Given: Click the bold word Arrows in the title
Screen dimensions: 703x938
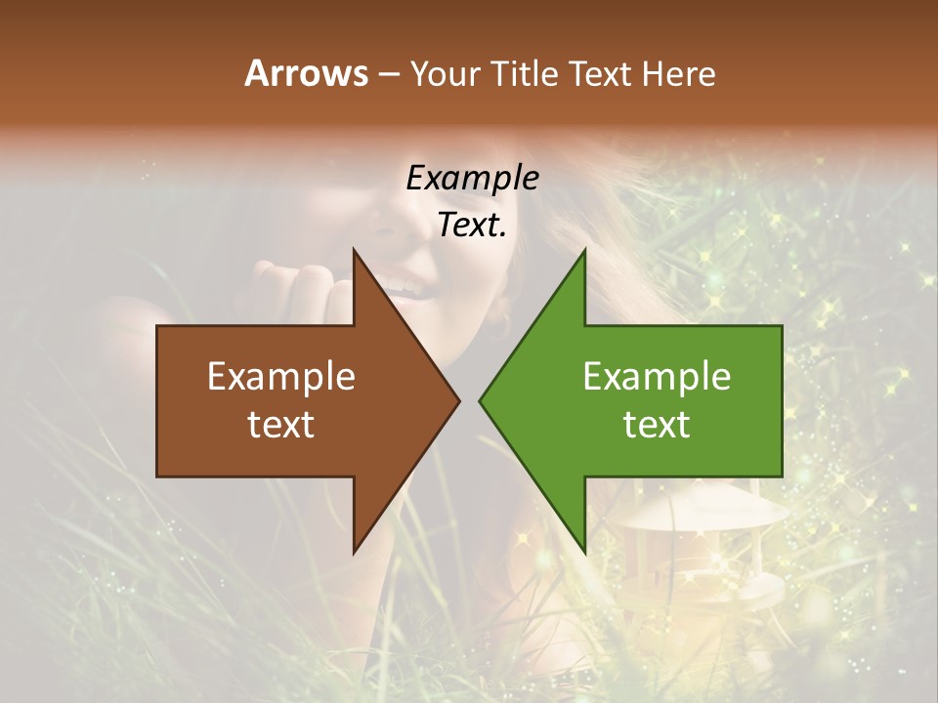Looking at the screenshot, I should click(306, 73).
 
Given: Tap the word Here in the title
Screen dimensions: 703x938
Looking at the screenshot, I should click(678, 73).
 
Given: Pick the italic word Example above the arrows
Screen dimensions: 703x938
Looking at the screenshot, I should click(472, 180).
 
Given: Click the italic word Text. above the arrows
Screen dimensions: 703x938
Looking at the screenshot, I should click(472, 226).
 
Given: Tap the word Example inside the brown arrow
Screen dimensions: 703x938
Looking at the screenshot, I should click(281, 377).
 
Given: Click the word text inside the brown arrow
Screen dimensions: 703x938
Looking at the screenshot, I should click(281, 424).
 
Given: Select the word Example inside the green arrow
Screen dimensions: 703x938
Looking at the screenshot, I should click(657, 377).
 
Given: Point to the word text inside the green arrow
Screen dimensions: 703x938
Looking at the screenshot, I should click(657, 424).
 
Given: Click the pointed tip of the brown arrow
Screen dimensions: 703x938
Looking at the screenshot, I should click(459, 401).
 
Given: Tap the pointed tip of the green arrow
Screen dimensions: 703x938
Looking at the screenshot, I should click(480, 401).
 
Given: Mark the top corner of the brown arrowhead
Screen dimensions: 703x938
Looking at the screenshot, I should click(354, 250).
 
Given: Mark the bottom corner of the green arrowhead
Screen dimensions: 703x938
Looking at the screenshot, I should click(584, 553).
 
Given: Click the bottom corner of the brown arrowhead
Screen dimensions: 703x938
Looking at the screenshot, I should click(354, 553).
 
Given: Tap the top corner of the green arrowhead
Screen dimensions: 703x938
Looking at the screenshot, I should click(584, 250).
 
